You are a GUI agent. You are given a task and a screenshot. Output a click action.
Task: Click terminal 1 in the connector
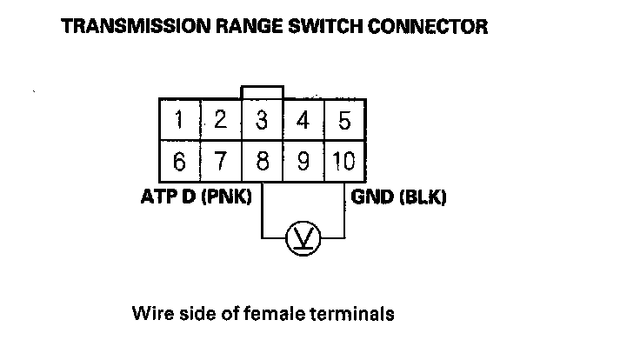click(x=179, y=120)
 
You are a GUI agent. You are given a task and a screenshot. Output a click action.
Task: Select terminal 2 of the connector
click(x=220, y=120)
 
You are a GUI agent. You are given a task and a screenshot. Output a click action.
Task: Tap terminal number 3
click(x=262, y=120)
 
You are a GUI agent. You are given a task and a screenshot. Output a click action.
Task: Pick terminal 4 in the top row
click(x=303, y=120)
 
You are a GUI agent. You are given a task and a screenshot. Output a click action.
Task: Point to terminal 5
click(x=344, y=120)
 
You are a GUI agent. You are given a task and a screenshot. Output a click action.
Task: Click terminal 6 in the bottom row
click(x=179, y=162)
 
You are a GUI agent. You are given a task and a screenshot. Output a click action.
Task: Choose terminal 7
click(x=220, y=162)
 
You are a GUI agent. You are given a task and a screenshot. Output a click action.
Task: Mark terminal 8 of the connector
click(x=262, y=162)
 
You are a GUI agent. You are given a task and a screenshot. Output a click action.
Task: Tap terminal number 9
click(x=303, y=162)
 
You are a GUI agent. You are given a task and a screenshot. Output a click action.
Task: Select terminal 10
click(x=344, y=162)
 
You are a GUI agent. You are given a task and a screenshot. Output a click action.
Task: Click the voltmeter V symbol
click(x=303, y=237)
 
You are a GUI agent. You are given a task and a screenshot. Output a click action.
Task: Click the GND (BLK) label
click(x=398, y=197)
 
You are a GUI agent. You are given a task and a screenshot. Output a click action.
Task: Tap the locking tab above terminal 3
click(x=263, y=92)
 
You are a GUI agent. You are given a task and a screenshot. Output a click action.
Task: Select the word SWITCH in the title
click(x=333, y=27)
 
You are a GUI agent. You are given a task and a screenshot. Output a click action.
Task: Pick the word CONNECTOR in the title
click(x=431, y=27)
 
